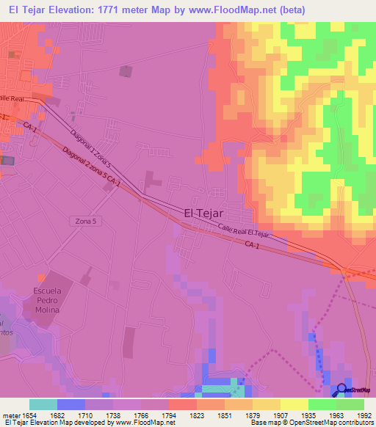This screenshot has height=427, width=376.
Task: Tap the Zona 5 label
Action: point(87,220)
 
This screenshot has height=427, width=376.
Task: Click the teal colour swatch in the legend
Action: point(43,404)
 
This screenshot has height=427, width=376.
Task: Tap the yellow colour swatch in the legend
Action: point(294,404)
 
